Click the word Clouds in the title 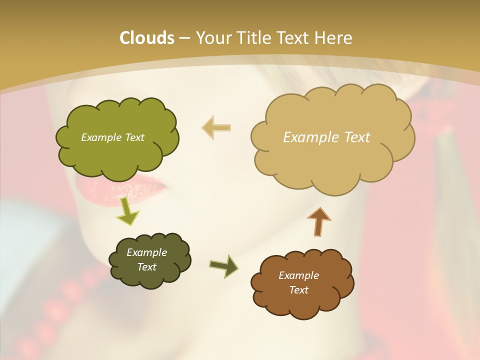click(x=146, y=38)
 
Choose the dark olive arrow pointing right click(x=224, y=266)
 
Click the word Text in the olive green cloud click(x=134, y=137)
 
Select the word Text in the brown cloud click(x=298, y=290)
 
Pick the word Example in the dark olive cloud click(x=146, y=252)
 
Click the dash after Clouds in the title click(x=183, y=38)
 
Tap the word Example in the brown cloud click(x=298, y=275)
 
